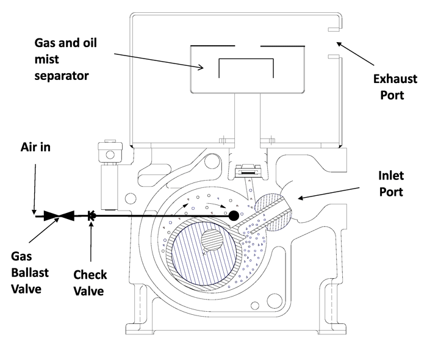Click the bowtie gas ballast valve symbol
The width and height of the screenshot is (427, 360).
(x=60, y=215)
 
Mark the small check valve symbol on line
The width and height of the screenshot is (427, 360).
(x=92, y=215)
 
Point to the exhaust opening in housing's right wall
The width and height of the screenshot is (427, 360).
(x=334, y=43)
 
